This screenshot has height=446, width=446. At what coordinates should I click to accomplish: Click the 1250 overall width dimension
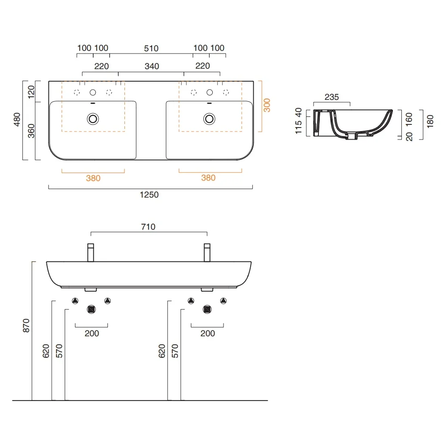point(149,195)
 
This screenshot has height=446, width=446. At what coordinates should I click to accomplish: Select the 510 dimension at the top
point(151,48)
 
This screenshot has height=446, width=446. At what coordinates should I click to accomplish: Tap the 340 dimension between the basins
point(152,66)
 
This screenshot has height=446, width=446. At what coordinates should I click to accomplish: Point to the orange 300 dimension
point(267,105)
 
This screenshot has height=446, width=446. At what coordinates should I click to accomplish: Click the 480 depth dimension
point(17,120)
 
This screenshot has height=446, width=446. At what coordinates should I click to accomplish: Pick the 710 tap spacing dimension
point(148,227)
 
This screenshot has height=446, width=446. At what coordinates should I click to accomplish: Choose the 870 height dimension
point(26,326)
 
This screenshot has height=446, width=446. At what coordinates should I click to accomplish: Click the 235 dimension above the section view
point(332,97)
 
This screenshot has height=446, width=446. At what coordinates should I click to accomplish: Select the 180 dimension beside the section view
point(430,121)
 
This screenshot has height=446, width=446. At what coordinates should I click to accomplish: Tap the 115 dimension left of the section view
point(298,127)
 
